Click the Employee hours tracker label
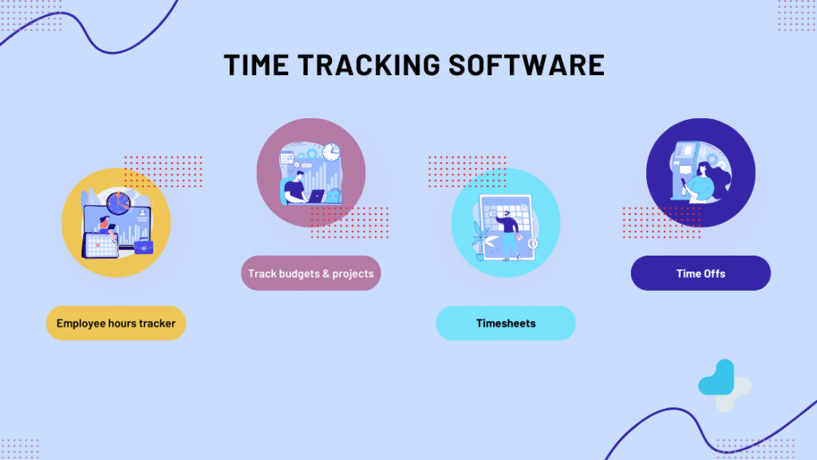point(116,323)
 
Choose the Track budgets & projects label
point(310,274)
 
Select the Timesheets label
point(505,323)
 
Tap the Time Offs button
point(701,273)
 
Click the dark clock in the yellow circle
point(117,204)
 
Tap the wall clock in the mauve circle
point(331,151)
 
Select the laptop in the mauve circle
point(314,196)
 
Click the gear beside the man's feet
point(533,243)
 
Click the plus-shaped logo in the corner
point(723,386)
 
